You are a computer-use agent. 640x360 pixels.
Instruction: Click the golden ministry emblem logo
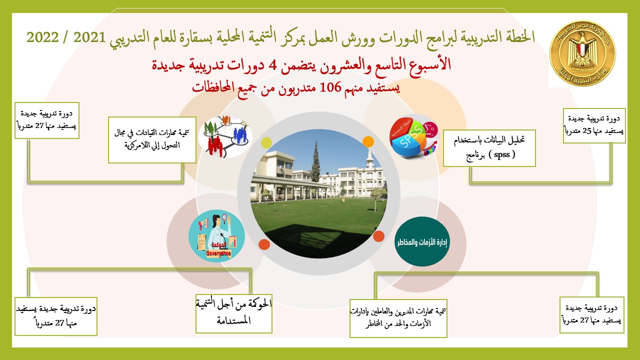click(x=583, y=53)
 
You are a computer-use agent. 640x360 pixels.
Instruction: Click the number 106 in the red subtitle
click(x=330, y=87)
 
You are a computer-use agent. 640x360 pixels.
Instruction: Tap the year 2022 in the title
click(x=42, y=37)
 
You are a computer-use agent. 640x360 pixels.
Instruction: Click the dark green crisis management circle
click(x=422, y=241)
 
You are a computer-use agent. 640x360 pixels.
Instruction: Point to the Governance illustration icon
click(x=216, y=235)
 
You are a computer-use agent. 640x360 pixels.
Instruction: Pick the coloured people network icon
click(x=226, y=136)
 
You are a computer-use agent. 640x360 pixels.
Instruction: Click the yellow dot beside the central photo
click(x=266, y=142)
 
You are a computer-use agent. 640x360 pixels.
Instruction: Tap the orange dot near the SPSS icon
click(x=368, y=141)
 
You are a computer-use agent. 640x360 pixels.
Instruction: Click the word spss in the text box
click(x=501, y=154)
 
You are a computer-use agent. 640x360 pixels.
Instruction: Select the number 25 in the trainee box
click(x=587, y=130)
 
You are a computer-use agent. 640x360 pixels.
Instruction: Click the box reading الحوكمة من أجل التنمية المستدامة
click(x=233, y=313)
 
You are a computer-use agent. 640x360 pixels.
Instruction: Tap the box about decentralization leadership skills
click(x=152, y=139)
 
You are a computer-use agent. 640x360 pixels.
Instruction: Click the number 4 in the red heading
click(x=273, y=65)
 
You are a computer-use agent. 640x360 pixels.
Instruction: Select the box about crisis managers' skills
click(x=398, y=318)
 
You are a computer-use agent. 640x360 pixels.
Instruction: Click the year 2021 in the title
click(x=89, y=37)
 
